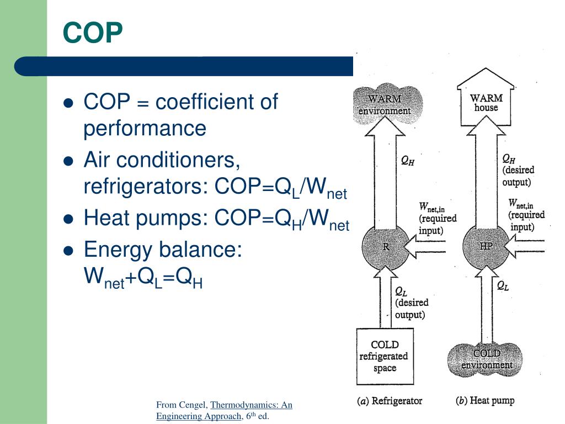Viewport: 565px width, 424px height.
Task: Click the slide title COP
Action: click(92, 33)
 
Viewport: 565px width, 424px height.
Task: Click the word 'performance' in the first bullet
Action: click(145, 129)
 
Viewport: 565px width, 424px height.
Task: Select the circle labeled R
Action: click(386, 247)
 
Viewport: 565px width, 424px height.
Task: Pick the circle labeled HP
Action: click(486, 246)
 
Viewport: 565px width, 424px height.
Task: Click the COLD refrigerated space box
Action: click(385, 356)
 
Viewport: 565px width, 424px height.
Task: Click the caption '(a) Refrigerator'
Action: click(389, 401)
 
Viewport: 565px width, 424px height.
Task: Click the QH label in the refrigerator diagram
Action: click(408, 161)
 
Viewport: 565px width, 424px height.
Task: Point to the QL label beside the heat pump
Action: click(503, 285)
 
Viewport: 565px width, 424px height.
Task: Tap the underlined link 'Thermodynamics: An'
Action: click(251, 405)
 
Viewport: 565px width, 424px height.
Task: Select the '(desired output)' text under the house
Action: click(517, 176)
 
